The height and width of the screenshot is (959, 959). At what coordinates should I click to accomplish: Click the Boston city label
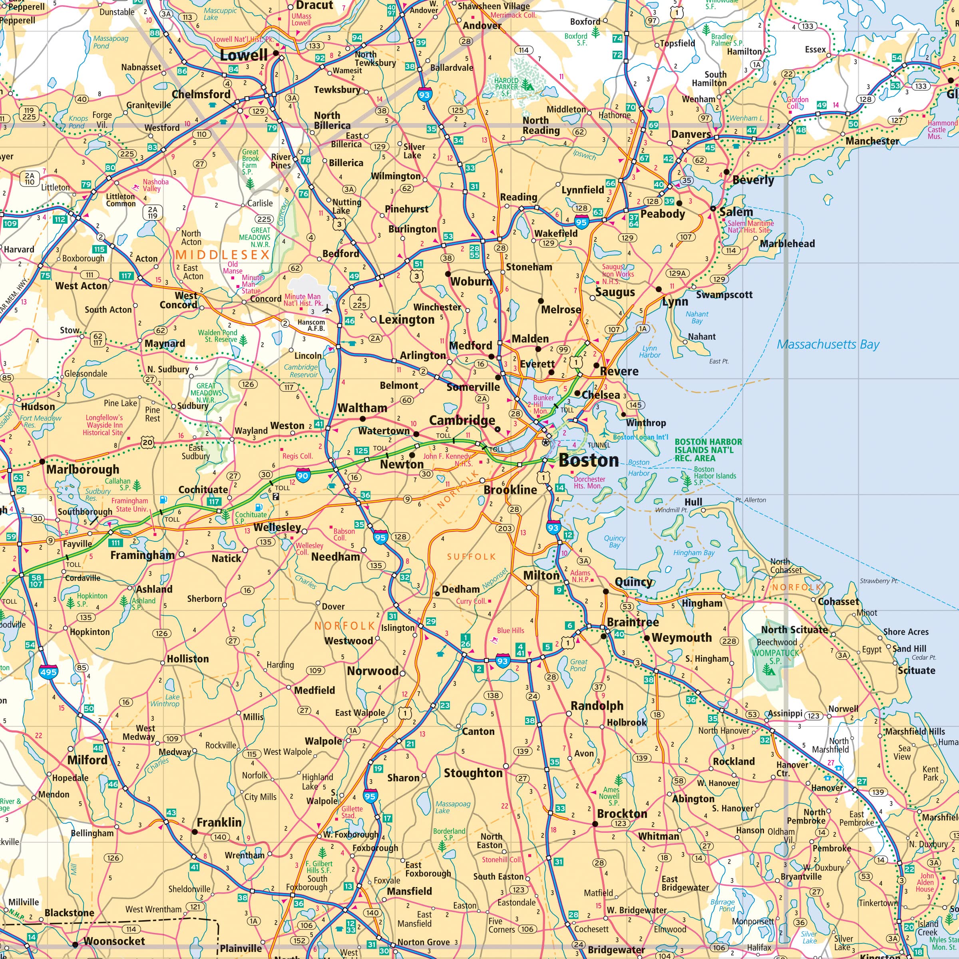coord(588,460)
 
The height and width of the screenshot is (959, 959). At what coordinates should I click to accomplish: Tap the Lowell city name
coord(244,55)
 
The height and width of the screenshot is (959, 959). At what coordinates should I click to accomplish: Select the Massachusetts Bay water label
coord(828,344)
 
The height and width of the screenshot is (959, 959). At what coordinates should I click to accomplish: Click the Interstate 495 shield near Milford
coord(48,672)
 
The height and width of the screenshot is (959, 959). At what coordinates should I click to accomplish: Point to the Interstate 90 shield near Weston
coord(302,476)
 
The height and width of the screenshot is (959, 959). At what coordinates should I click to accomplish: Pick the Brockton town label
coord(622,814)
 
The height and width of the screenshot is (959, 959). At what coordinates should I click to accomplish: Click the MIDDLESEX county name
coord(223,255)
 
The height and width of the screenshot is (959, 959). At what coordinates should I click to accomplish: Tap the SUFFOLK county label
coord(471,557)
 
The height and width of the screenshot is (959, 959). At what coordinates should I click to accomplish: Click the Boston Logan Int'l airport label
coord(640,437)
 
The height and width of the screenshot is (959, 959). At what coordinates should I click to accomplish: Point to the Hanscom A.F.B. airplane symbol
coord(326,310)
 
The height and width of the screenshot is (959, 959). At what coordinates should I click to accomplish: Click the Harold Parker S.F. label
coord(506,86)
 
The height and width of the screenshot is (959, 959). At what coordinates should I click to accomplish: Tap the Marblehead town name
coord(787,243)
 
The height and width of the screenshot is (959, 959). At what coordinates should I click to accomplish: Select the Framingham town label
coord(143,555)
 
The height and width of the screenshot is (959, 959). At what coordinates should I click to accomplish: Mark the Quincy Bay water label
coord(615,541)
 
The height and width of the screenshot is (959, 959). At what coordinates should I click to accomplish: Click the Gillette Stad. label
coord(352,812)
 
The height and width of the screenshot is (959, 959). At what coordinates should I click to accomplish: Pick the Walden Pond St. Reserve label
coord(217,336)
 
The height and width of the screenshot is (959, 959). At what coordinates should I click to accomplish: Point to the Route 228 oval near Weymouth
coord(729,641)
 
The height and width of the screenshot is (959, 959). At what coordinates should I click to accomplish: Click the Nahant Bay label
coord(697,317)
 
